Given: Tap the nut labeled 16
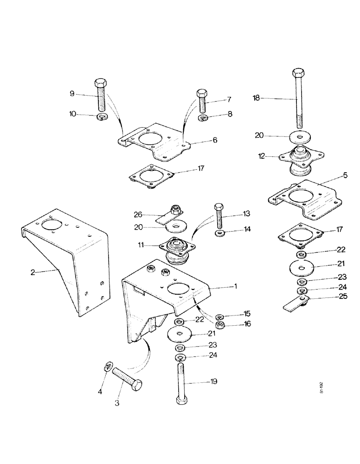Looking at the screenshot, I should tap(221, 324).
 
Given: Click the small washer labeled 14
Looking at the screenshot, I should tap(219, 232).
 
